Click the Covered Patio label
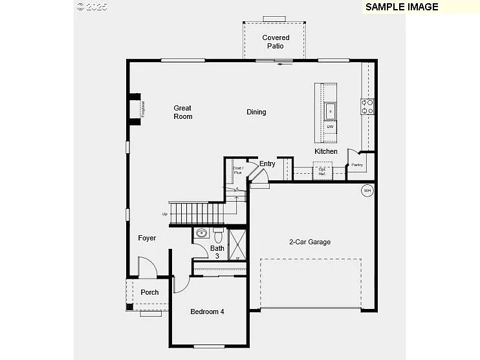276,42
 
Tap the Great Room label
183,112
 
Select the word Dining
256,112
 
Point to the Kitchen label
326,151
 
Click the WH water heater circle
367,191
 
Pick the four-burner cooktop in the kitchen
367,107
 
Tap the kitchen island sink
331,111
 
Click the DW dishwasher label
330,127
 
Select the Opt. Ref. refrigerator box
322,171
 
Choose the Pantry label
357,165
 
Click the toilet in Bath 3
218,232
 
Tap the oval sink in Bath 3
201,233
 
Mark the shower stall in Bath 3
237,244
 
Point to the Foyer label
147,238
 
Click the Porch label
149,292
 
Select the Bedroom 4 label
207,312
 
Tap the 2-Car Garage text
309,242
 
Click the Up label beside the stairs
164,214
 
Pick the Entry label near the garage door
267,164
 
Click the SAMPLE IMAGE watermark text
402,7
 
